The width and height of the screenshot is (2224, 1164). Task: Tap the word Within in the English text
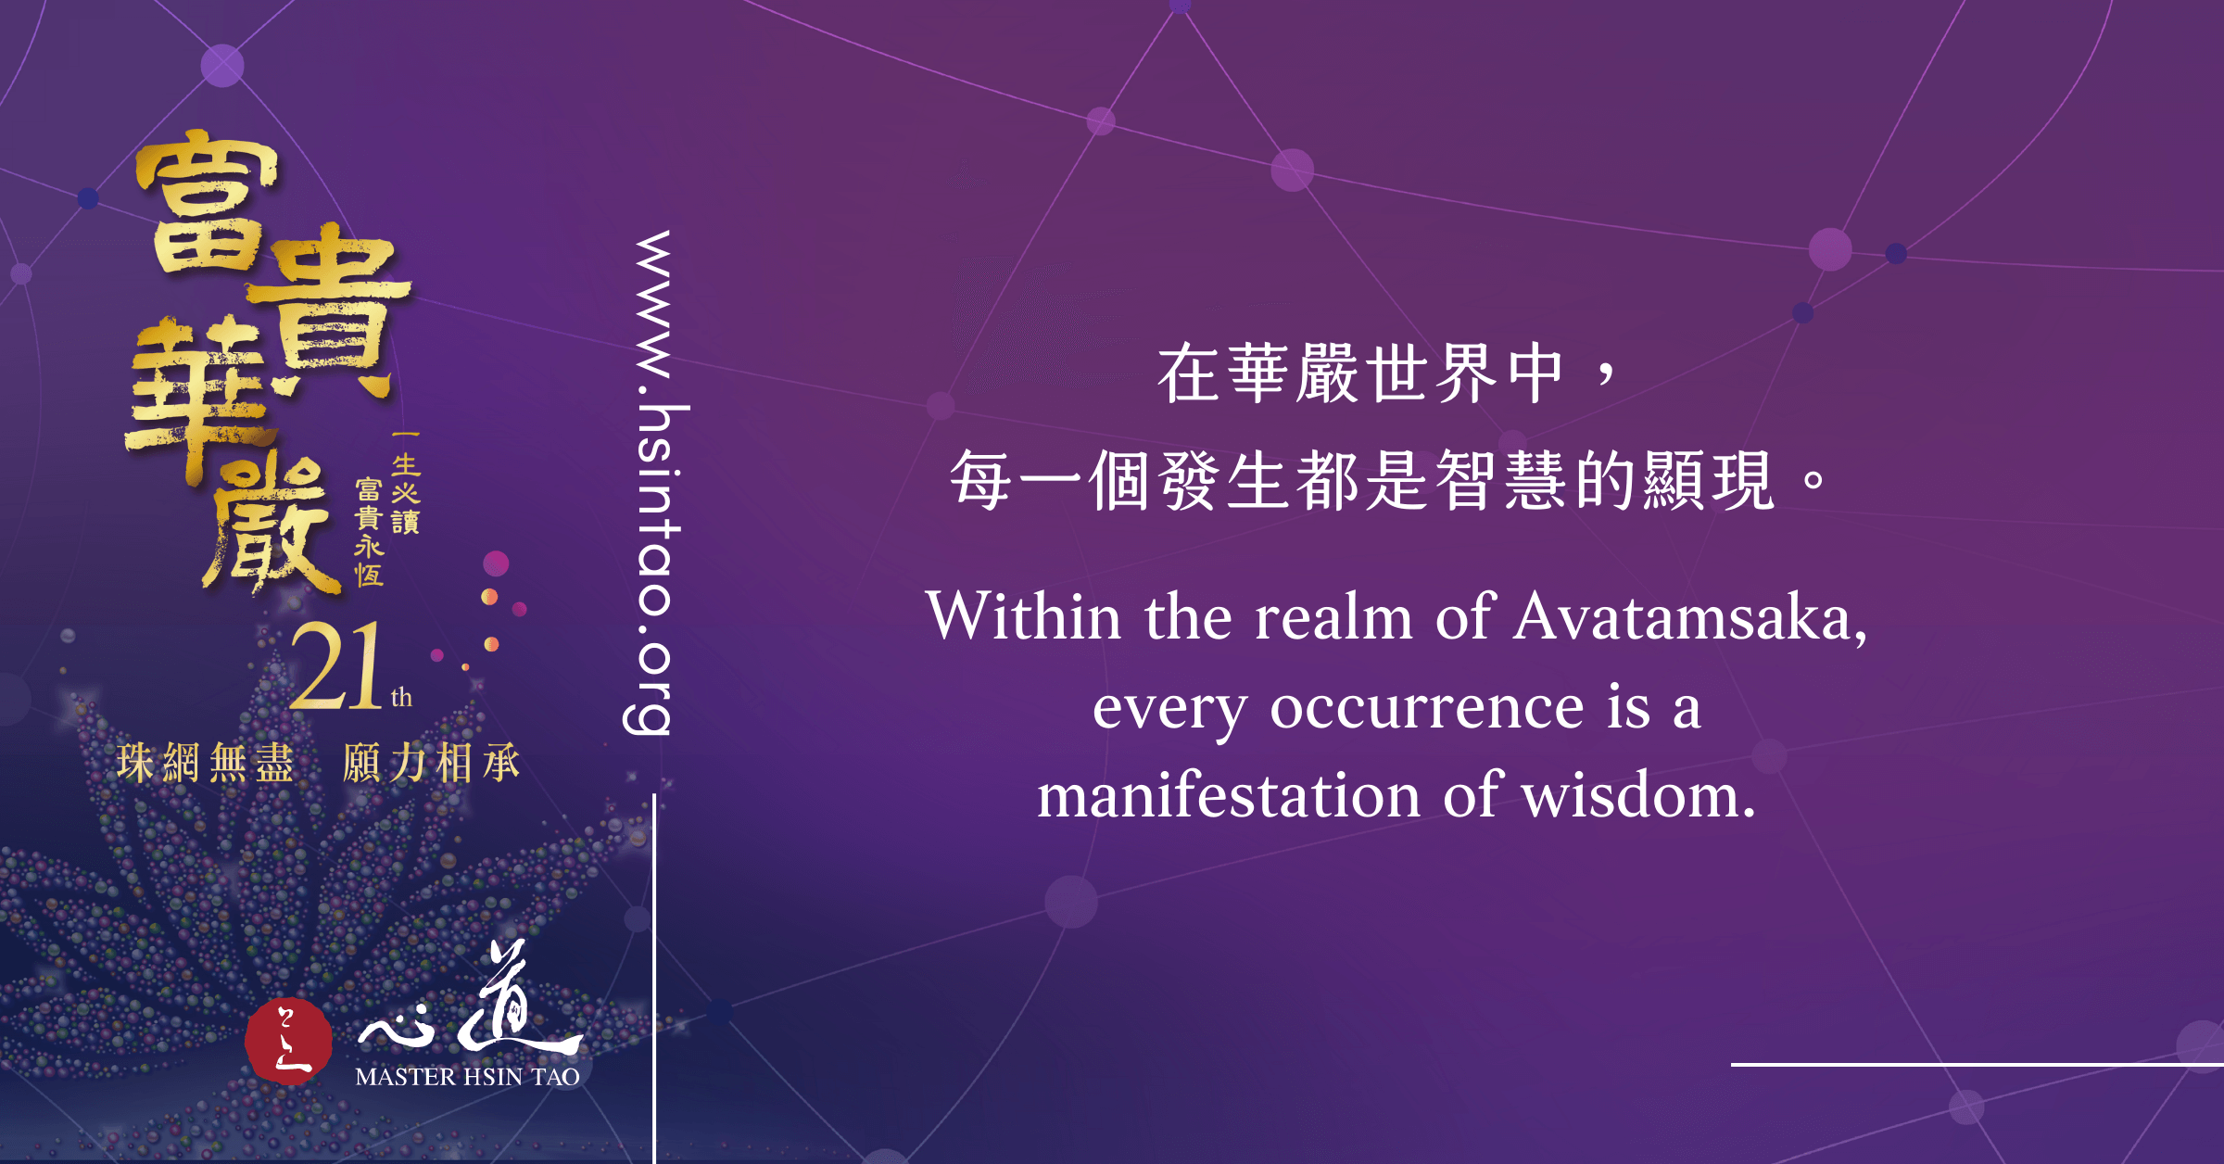[x=1023, y=615]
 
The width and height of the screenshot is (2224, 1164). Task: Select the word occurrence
[x=1427, y=708]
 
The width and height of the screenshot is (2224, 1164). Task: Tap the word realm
[x=1333, y=617]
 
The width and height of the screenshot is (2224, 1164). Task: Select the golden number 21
[x=335, y=664]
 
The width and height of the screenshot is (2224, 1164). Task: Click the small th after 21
[x=401, y=697]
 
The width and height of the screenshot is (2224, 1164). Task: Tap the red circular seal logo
[x=288, y=1041]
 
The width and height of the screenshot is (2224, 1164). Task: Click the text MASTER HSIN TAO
[x=467, y=1077]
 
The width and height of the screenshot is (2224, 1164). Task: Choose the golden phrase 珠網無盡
[x=206, y=764]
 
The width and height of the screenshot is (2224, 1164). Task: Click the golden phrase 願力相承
[x=432, y=764]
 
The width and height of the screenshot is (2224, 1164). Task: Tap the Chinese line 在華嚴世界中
[x=1360, y=374]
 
